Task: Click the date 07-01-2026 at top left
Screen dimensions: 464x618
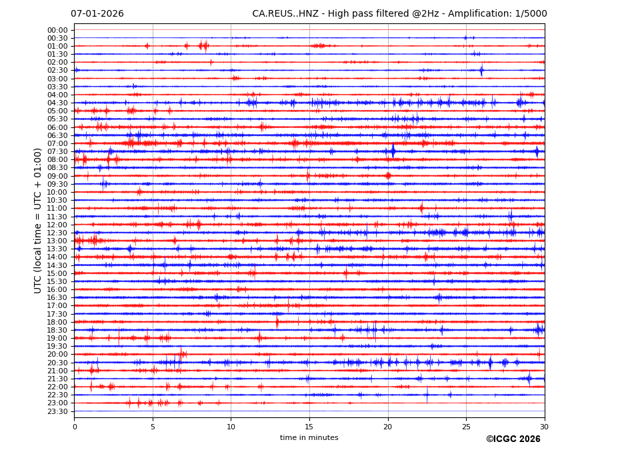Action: (97, 14)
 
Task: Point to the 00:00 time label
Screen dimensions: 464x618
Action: (57, 30)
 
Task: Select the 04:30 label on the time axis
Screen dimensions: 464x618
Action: (57, 103)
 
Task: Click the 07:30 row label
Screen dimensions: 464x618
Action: (57, 151)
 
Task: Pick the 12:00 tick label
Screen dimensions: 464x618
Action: (57, 225)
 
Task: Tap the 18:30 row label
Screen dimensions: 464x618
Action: (57, 330)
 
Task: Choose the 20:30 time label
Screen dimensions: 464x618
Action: (57, 363)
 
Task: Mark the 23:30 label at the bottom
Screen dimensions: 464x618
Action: (57, 411)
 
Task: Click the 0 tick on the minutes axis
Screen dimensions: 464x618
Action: (75, 427)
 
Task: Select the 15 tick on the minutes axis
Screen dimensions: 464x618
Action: (309, 427)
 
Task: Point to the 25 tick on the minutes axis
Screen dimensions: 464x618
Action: (466, 427)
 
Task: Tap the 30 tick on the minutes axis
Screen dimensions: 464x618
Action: (544, 427)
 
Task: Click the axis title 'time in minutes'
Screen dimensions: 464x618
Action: (309, 438)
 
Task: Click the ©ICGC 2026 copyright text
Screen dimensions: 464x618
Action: (513, 439)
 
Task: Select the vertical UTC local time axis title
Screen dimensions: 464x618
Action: (39, 220)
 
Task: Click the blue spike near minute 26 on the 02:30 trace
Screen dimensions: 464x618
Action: (481, 70)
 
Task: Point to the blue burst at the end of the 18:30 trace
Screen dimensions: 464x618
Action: (539, 329)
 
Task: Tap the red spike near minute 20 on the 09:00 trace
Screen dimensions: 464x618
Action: (388, 176)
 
